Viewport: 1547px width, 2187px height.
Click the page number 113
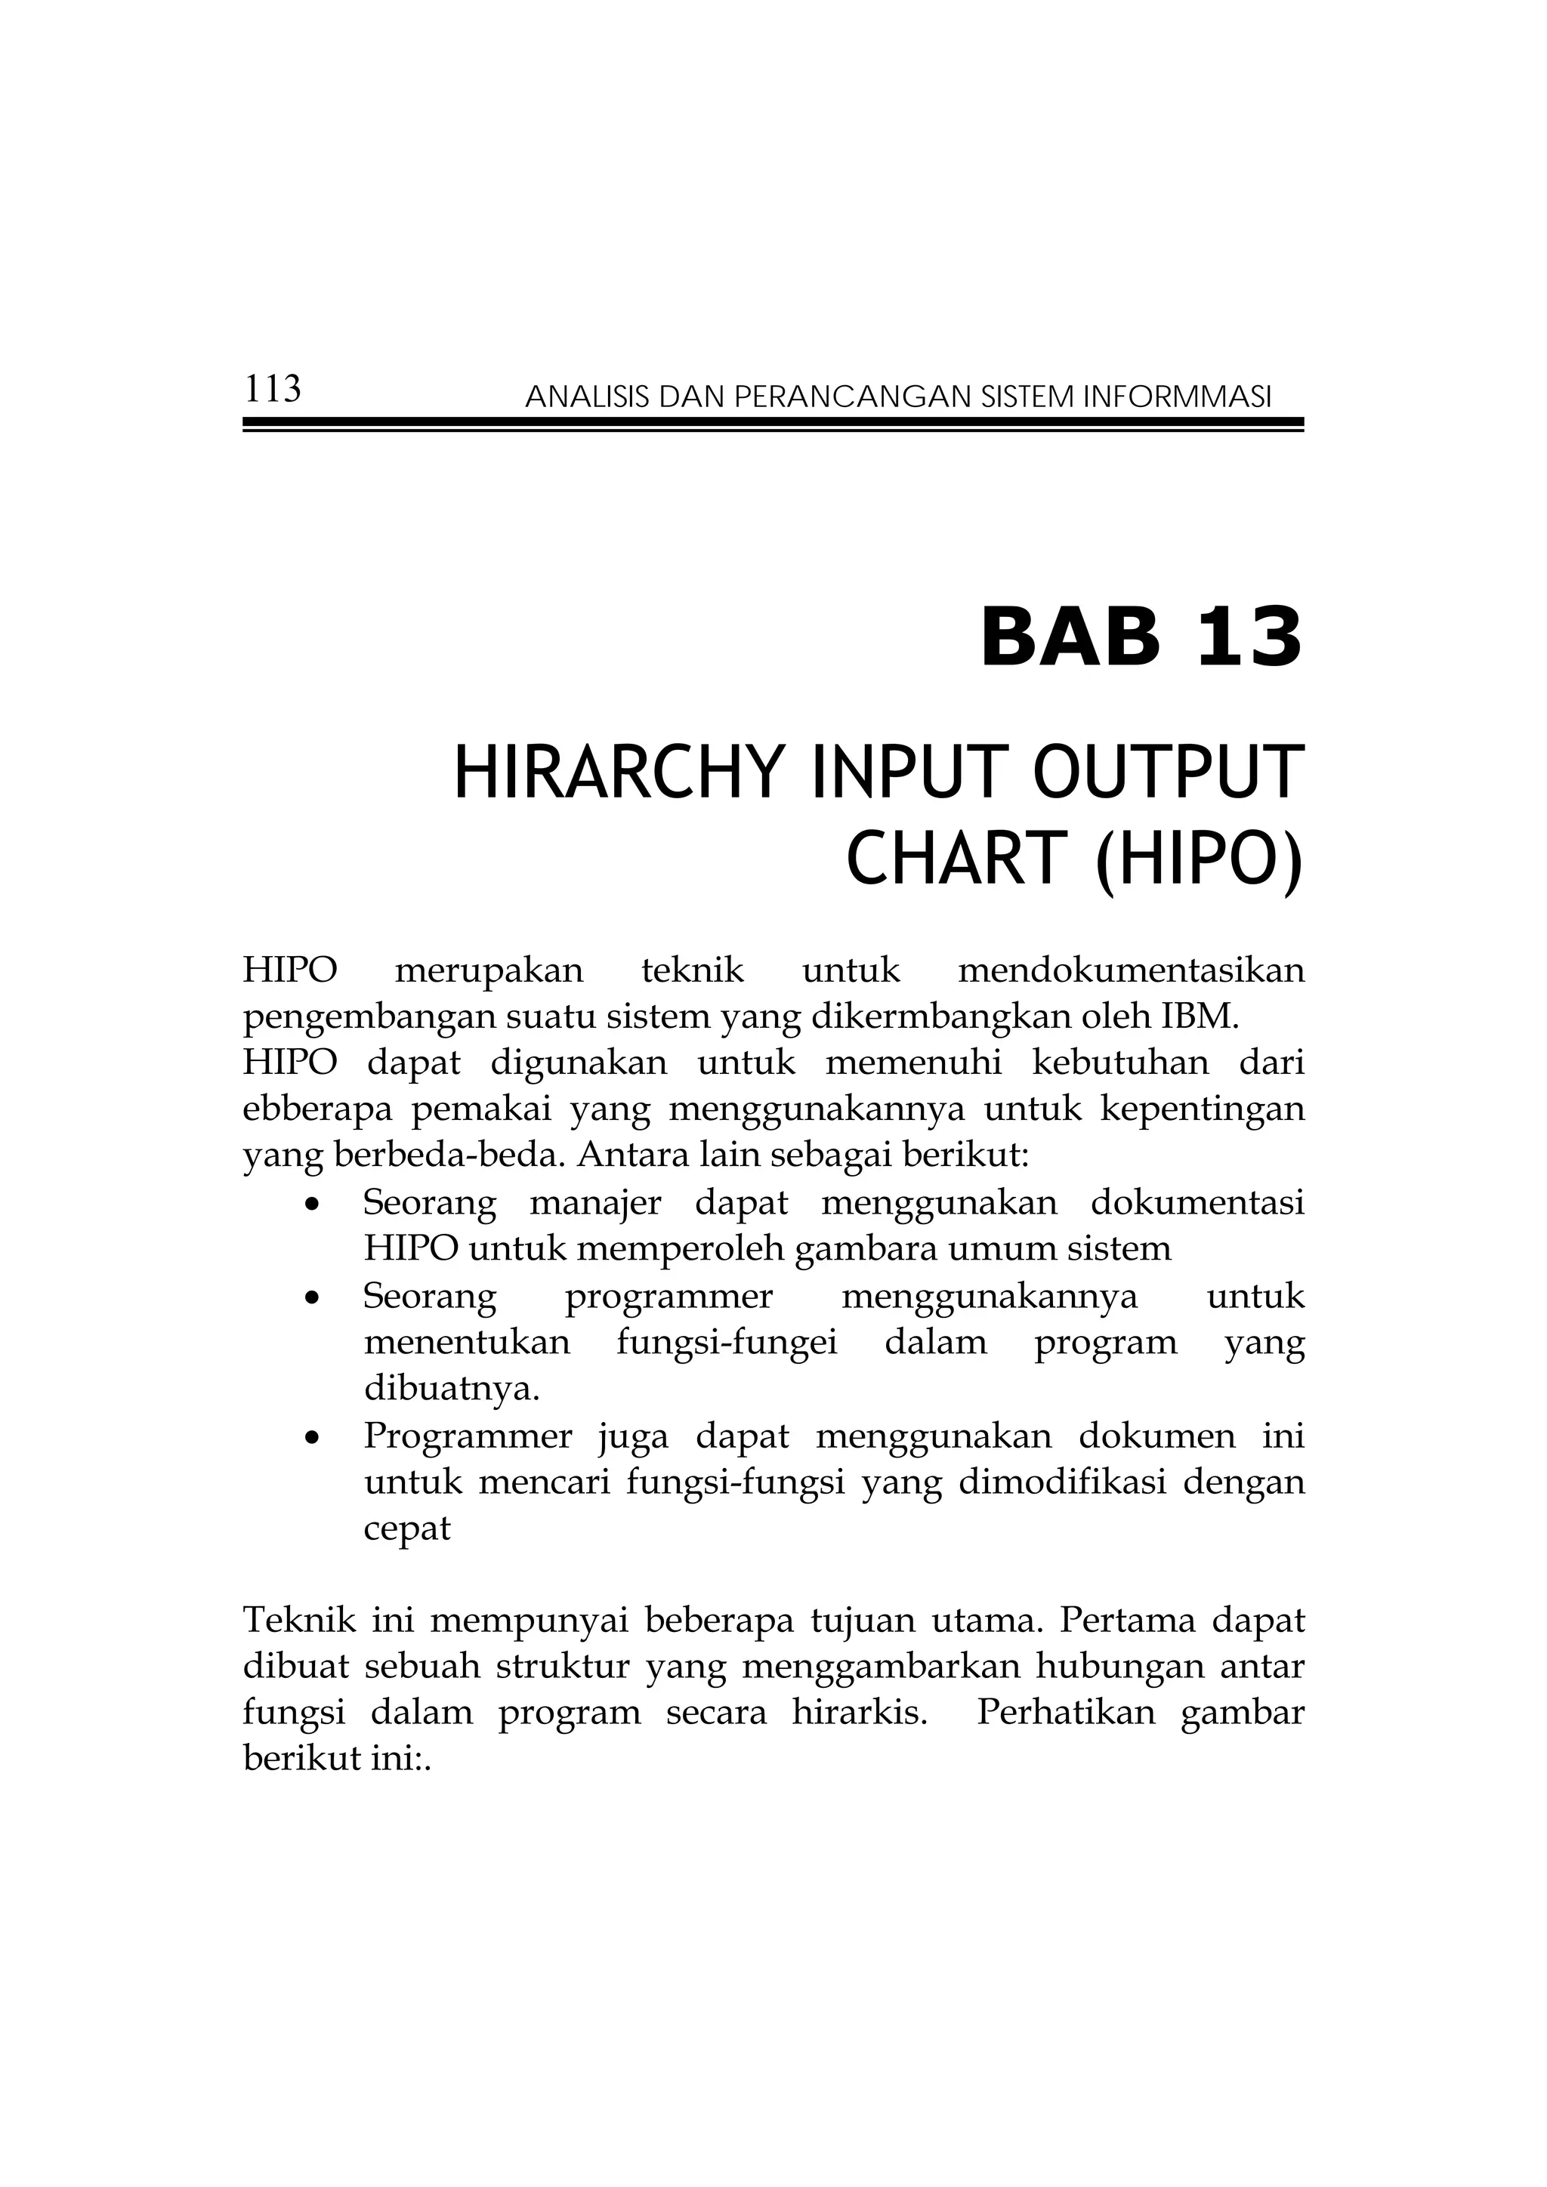click(x=273, y=390)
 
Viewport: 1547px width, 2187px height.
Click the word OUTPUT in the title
click(x=1167, y=773)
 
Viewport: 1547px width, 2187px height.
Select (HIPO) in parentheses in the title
click(x=1197, y=859)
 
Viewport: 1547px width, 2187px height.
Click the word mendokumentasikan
click(x=1131, y=970)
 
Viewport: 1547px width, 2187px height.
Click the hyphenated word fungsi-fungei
click(x=727, y=1342)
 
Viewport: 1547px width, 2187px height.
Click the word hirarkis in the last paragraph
click(x=859, y=1713)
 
